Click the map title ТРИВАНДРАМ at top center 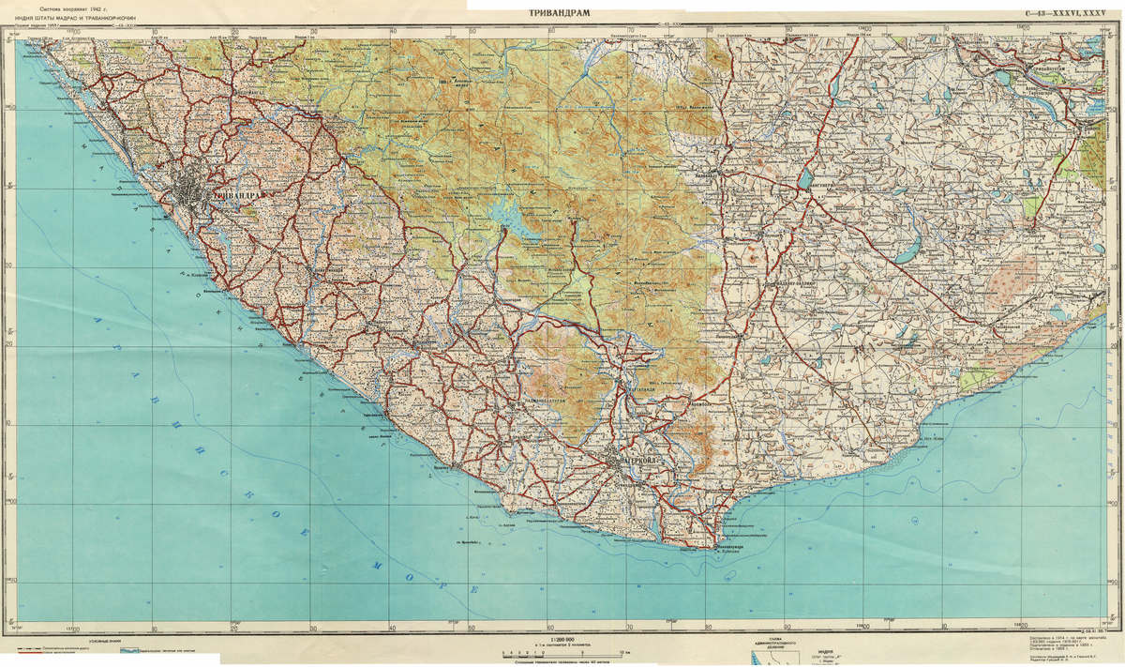[x=562, y=12]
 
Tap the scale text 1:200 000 [x=562, y=640]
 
